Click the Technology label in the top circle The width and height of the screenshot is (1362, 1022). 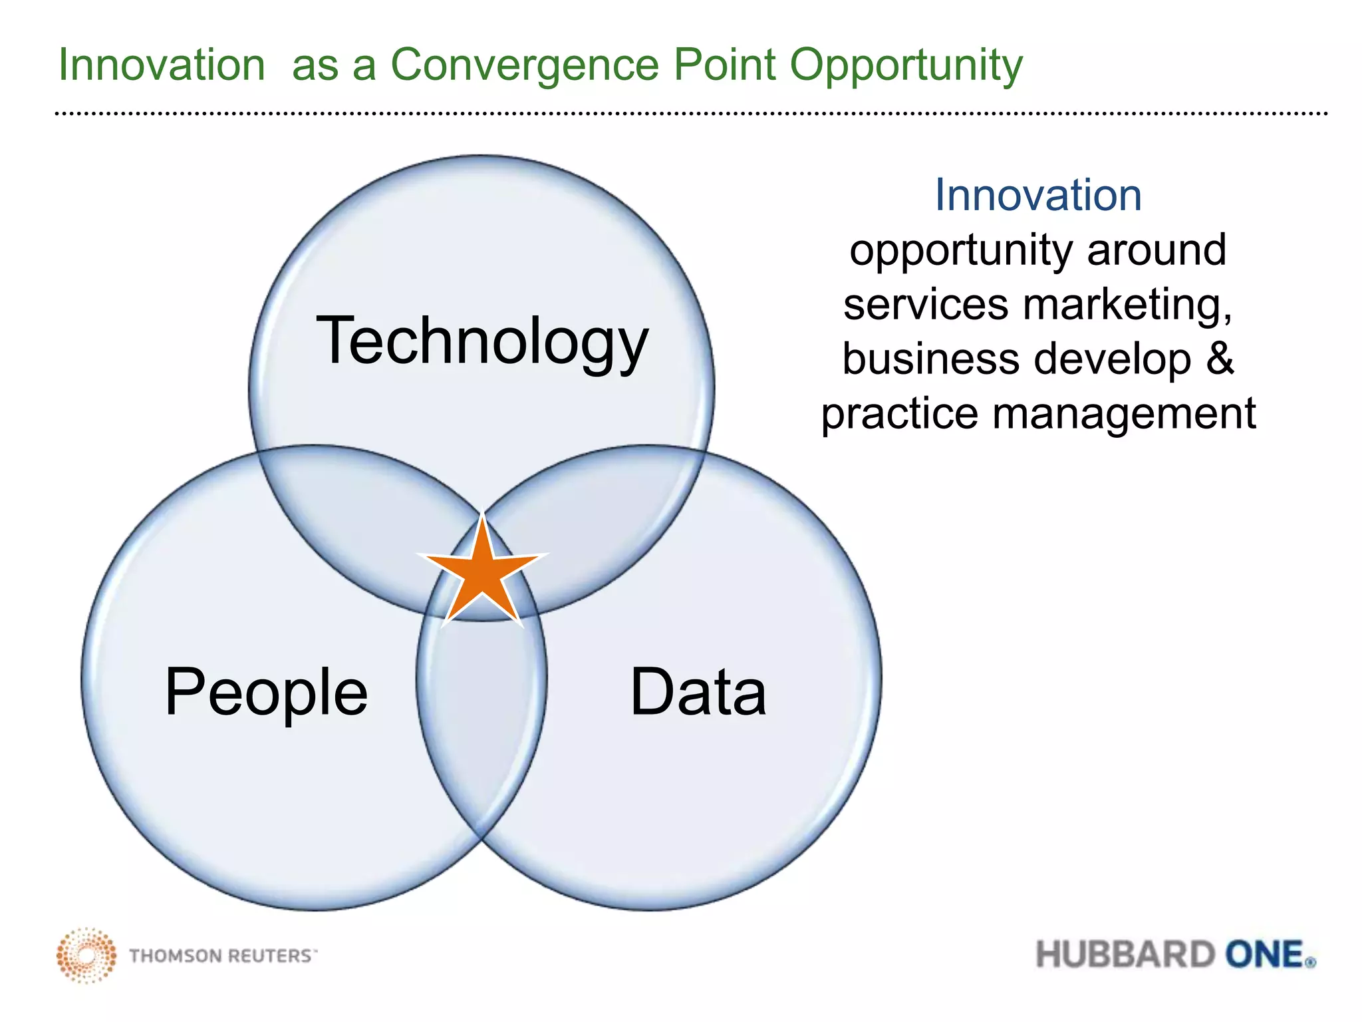(x=481, y=341)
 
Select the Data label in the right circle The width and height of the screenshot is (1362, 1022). (x=698, y=692)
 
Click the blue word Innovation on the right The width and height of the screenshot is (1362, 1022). (x=1037, y=195)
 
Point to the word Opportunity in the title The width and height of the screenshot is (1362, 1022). (x=906, y=66)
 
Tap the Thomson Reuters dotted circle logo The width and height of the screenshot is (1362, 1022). (x=86, y=955)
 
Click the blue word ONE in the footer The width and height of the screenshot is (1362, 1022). (x=1265, y=955)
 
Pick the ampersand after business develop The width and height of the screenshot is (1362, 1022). (x=1220, y=359)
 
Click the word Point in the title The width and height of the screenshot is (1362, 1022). (x=724, y=65)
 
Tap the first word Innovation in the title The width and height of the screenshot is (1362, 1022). (x=162, y=65)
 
